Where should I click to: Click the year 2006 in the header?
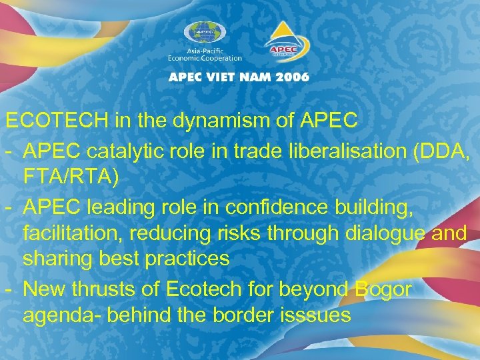pos(291,77)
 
